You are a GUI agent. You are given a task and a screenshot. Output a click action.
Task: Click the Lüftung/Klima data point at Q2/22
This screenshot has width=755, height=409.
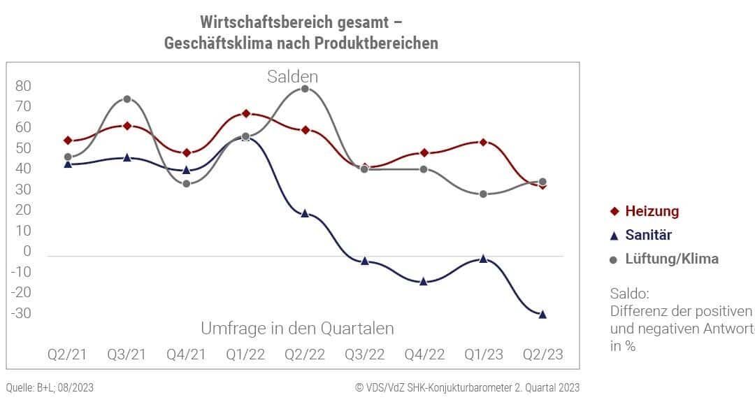305,89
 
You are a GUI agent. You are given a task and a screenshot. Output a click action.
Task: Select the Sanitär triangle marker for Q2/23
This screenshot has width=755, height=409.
542,315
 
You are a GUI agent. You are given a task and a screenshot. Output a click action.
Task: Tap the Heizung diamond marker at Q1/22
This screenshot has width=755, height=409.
245,113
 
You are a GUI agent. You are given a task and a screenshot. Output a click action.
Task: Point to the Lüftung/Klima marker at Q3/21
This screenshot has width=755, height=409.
127,99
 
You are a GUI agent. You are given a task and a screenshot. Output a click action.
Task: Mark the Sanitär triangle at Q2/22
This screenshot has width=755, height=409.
305,213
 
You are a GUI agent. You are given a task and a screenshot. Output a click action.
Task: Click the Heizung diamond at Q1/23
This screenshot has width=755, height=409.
483,142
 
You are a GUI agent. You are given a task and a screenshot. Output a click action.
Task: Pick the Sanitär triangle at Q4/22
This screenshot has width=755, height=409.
424,282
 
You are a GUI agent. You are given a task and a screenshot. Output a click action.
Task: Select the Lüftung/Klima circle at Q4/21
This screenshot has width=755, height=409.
186,184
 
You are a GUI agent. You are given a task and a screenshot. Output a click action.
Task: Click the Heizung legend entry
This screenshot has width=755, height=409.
645,211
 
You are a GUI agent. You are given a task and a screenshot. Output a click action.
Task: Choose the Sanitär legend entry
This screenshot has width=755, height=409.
640,235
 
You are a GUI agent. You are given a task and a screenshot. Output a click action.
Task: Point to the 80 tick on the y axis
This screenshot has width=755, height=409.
23,86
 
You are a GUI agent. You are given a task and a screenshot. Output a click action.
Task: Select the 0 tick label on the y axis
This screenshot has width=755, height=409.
27,251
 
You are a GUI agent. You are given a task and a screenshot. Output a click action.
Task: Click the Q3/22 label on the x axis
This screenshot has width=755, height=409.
364,354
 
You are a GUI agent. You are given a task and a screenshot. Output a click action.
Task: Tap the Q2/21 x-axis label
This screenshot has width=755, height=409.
67,354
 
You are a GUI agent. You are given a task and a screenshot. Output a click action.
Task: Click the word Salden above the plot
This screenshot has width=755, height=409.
292,76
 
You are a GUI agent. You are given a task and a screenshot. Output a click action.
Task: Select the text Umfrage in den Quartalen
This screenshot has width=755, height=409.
297,328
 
